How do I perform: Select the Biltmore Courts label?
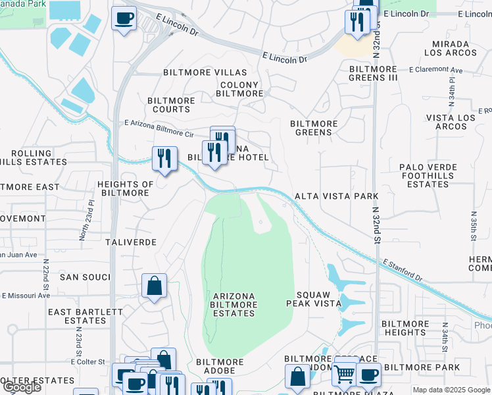click(x=172, y=105)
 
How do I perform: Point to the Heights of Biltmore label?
click(x=125, y=188)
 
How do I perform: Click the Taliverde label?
click(x=131, y=242)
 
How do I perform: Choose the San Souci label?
click(x=84, y=277)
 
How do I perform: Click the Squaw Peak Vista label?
click(x=313, y=299)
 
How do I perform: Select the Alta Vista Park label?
click(x=336, y=196)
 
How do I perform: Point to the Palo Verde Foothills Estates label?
click(x=428, y=176)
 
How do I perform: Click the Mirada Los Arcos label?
click(x=451, y=48)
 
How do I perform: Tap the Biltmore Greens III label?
click(x=374, y=73)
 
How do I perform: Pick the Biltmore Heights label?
click(x=405, y=328)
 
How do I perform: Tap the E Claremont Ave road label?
click(x=435, y=70)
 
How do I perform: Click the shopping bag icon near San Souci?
click(x=154, y=286)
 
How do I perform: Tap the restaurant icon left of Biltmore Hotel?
click(x=164, y=158)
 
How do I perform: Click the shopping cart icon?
click(x=344, y=374)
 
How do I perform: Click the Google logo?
click(x=22, y=387)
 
